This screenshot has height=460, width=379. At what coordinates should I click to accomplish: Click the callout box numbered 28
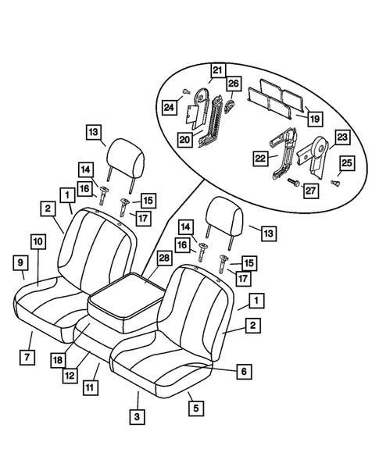(163, 257)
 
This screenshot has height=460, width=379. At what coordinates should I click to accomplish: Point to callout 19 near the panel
(314, 119)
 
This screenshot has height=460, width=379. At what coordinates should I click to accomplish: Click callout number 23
(341, 137)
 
